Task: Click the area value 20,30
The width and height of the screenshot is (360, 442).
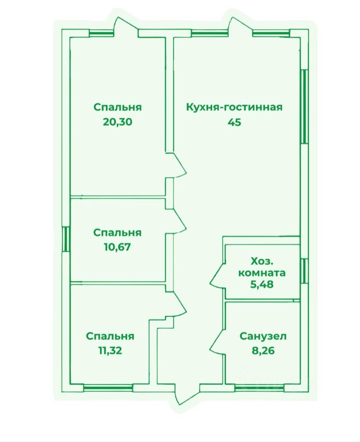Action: coord(117,122)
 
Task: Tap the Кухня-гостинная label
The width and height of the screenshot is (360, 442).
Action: coord(234,107)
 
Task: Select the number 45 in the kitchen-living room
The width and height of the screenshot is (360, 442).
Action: coord(234,122)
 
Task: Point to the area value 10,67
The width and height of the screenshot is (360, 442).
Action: coord(117,246)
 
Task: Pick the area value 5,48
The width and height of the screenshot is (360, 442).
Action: coord(261,284)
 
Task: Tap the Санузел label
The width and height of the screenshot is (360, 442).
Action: coord(263,336)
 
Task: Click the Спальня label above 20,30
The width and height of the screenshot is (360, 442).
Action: coord(117,107)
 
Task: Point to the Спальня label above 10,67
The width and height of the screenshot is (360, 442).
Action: coord(117,233)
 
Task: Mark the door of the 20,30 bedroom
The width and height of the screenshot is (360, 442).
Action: coord(179,165)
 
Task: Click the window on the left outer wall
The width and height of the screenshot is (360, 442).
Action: coord(66,238)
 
